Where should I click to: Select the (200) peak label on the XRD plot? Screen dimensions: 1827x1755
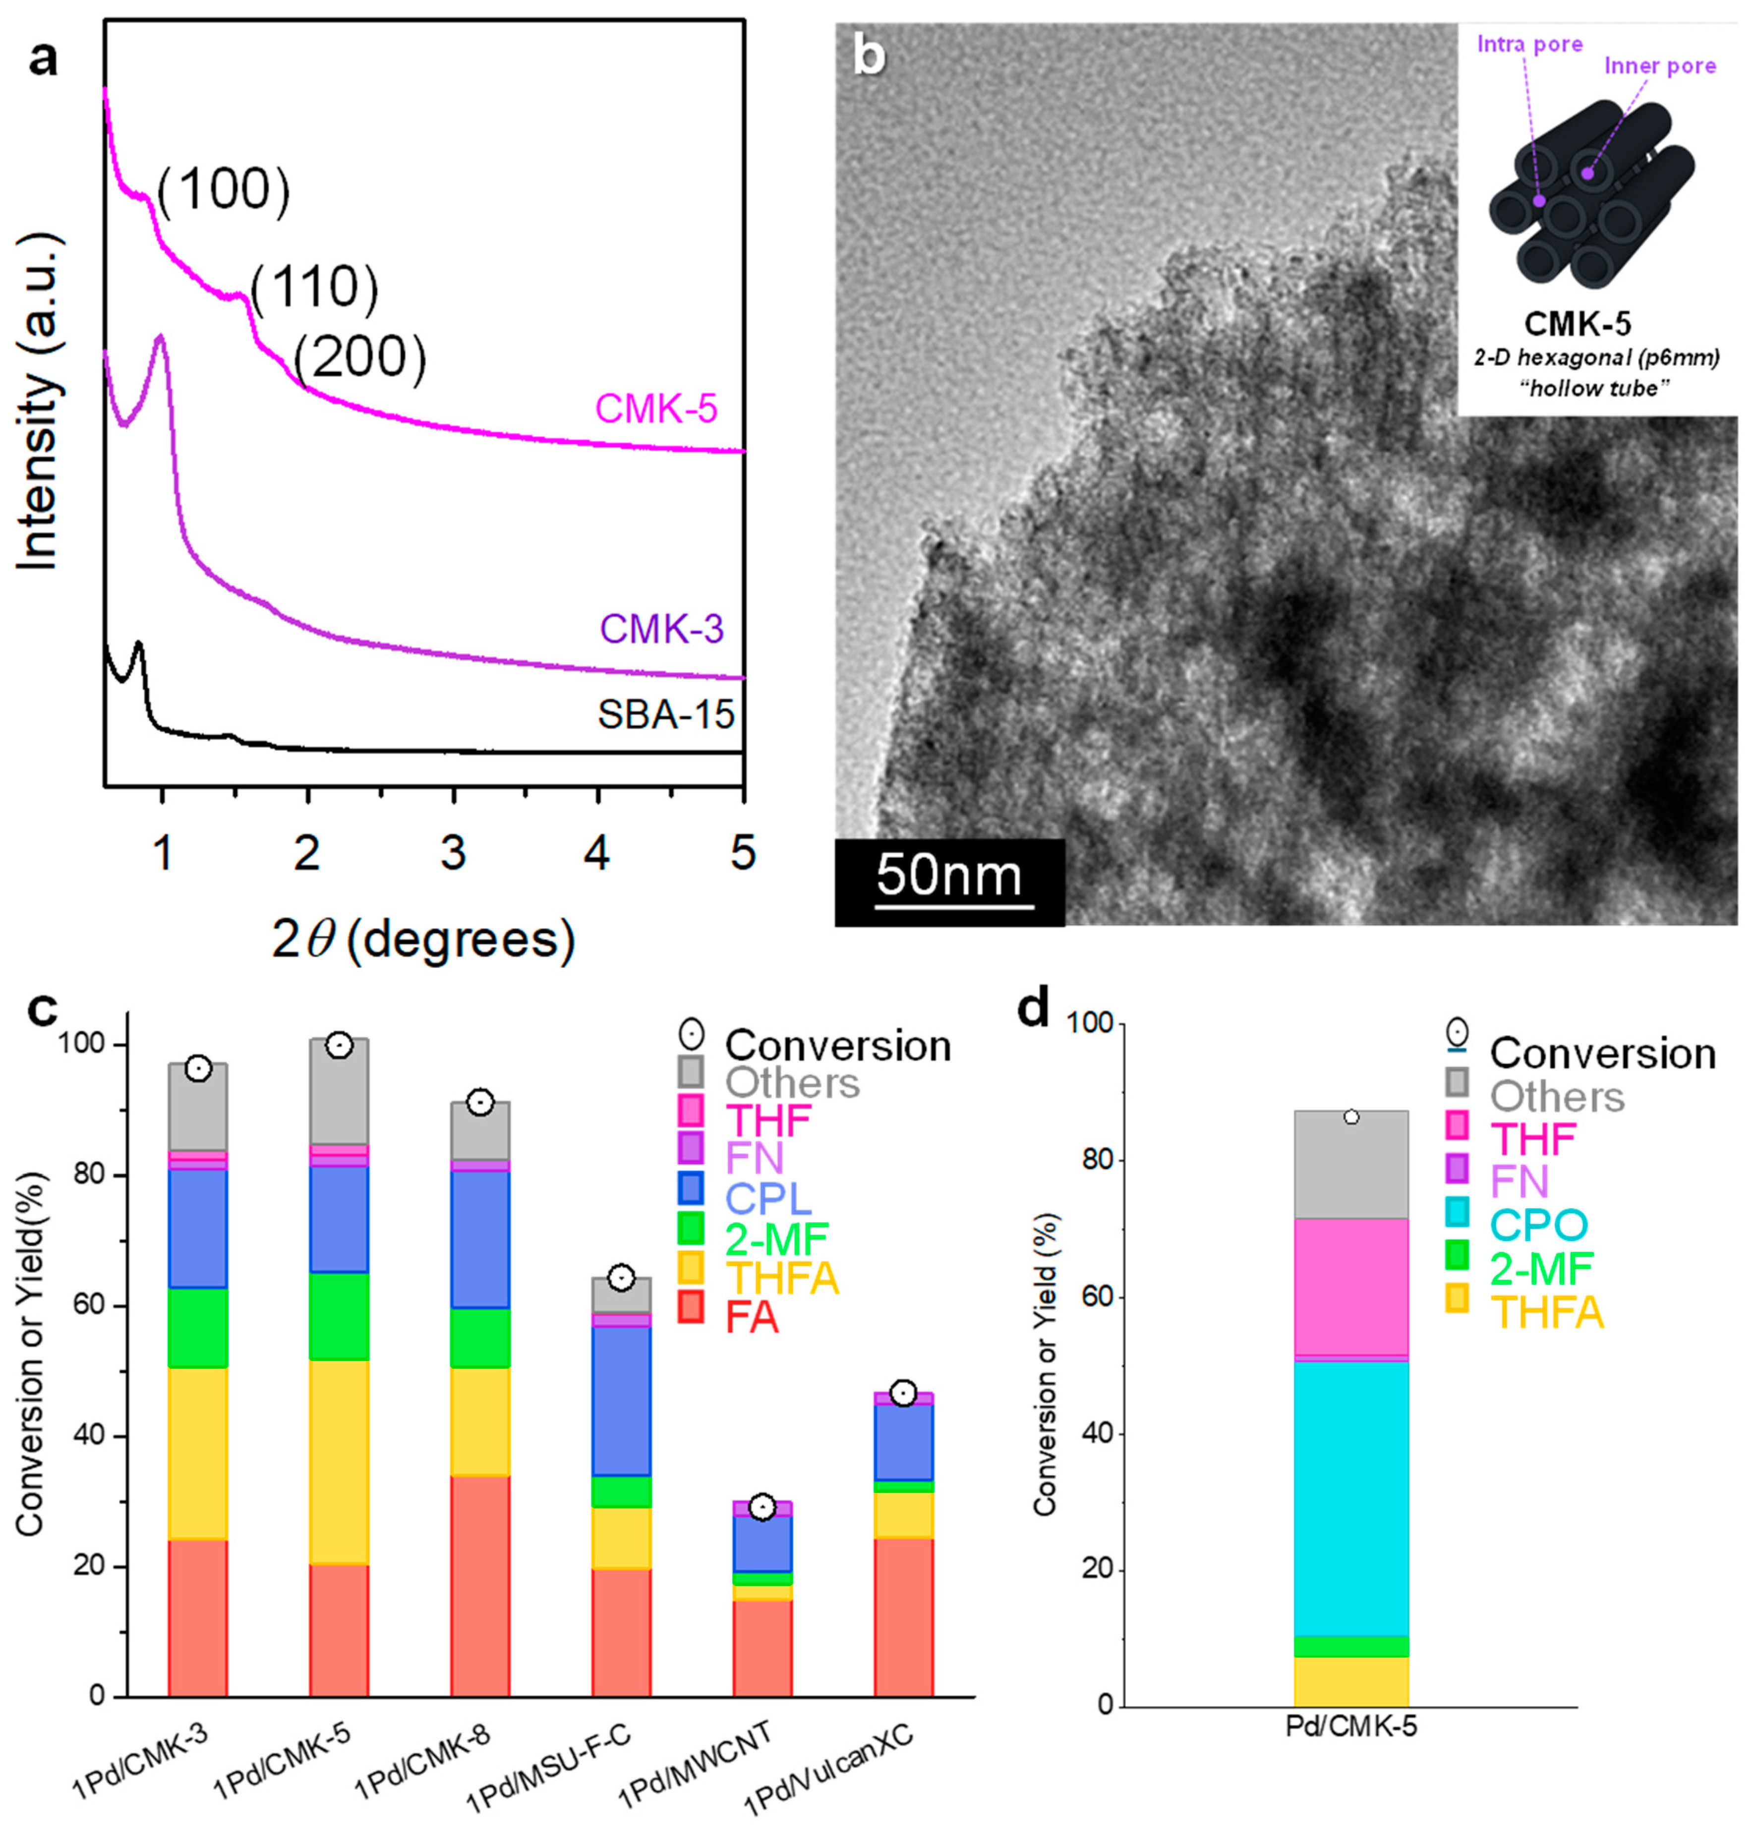click(x=360, y=357)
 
